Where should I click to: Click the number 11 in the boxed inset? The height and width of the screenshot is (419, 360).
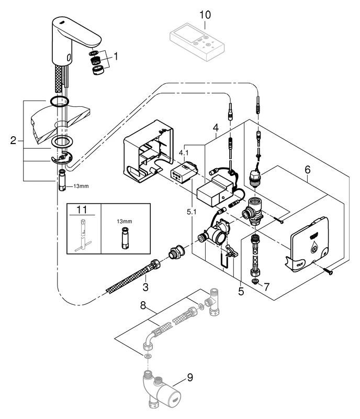click(x=84, y=211)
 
